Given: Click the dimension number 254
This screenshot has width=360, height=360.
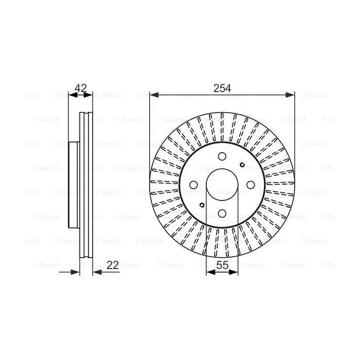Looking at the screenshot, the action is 222,88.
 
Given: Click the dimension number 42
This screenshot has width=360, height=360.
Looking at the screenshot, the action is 81,88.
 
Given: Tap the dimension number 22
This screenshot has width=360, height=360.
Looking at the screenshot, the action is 113,265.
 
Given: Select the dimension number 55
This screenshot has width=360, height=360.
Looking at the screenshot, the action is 222,265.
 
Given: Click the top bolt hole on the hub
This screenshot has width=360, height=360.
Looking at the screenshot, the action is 222,156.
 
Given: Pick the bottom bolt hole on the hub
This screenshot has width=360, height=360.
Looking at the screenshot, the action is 222,213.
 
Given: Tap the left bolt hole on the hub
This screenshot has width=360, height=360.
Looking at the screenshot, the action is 193,185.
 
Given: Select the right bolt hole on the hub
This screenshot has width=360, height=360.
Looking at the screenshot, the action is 250,185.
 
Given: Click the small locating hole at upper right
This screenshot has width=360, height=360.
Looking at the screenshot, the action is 242,165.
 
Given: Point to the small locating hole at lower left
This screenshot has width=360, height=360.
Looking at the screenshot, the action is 202,205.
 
